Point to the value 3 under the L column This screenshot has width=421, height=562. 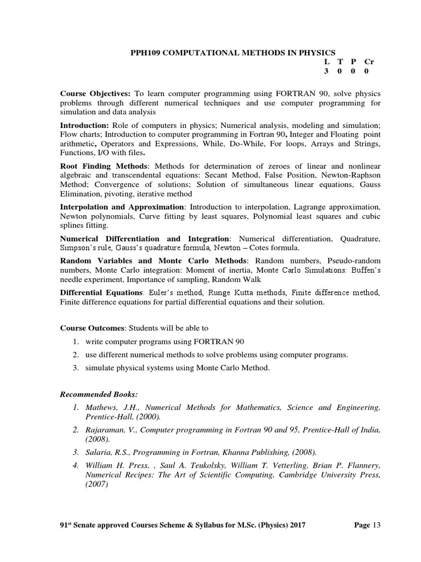coord(326,71)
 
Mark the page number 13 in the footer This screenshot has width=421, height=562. coord(376,525)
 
